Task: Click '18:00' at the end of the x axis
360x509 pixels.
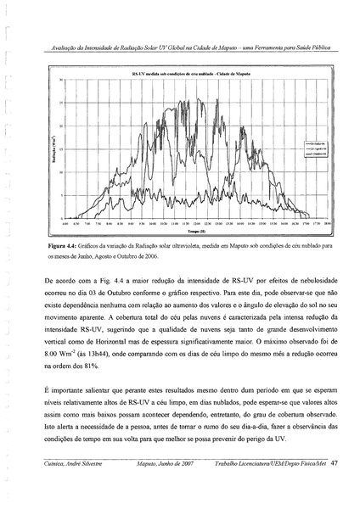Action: click(326, 224)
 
